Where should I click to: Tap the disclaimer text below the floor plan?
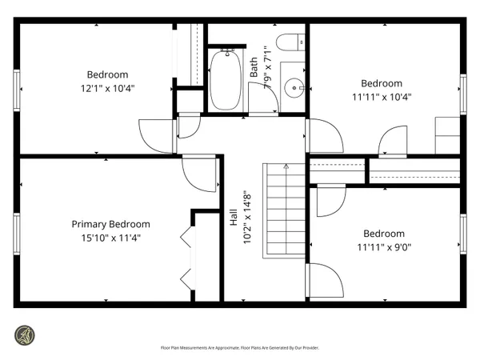(x=239, y=348)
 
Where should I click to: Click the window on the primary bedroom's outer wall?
(x=16, y=232)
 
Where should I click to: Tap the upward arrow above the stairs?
(x=286, y=167)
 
